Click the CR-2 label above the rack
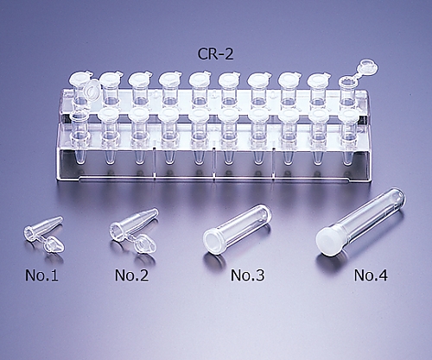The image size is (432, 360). point(215,54)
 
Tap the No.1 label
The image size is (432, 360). point(41,275)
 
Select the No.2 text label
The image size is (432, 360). point(131,275)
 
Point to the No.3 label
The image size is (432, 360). point(247,275)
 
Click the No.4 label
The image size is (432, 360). point(371,275)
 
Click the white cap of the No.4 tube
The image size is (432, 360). point(328,241)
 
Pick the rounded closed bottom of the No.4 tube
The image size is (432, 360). point(400,195)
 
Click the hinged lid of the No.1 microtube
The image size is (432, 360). point(54,245)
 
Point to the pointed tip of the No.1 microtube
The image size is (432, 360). point(60,218)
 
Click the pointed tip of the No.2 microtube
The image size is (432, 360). point(156,211)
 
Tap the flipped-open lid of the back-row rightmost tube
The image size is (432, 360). point(367,68)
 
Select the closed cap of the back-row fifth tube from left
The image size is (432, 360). point(199,79)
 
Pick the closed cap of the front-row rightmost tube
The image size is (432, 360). point(349,115)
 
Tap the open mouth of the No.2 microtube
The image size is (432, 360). point(117,230)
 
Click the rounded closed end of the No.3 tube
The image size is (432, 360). point(266,211)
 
